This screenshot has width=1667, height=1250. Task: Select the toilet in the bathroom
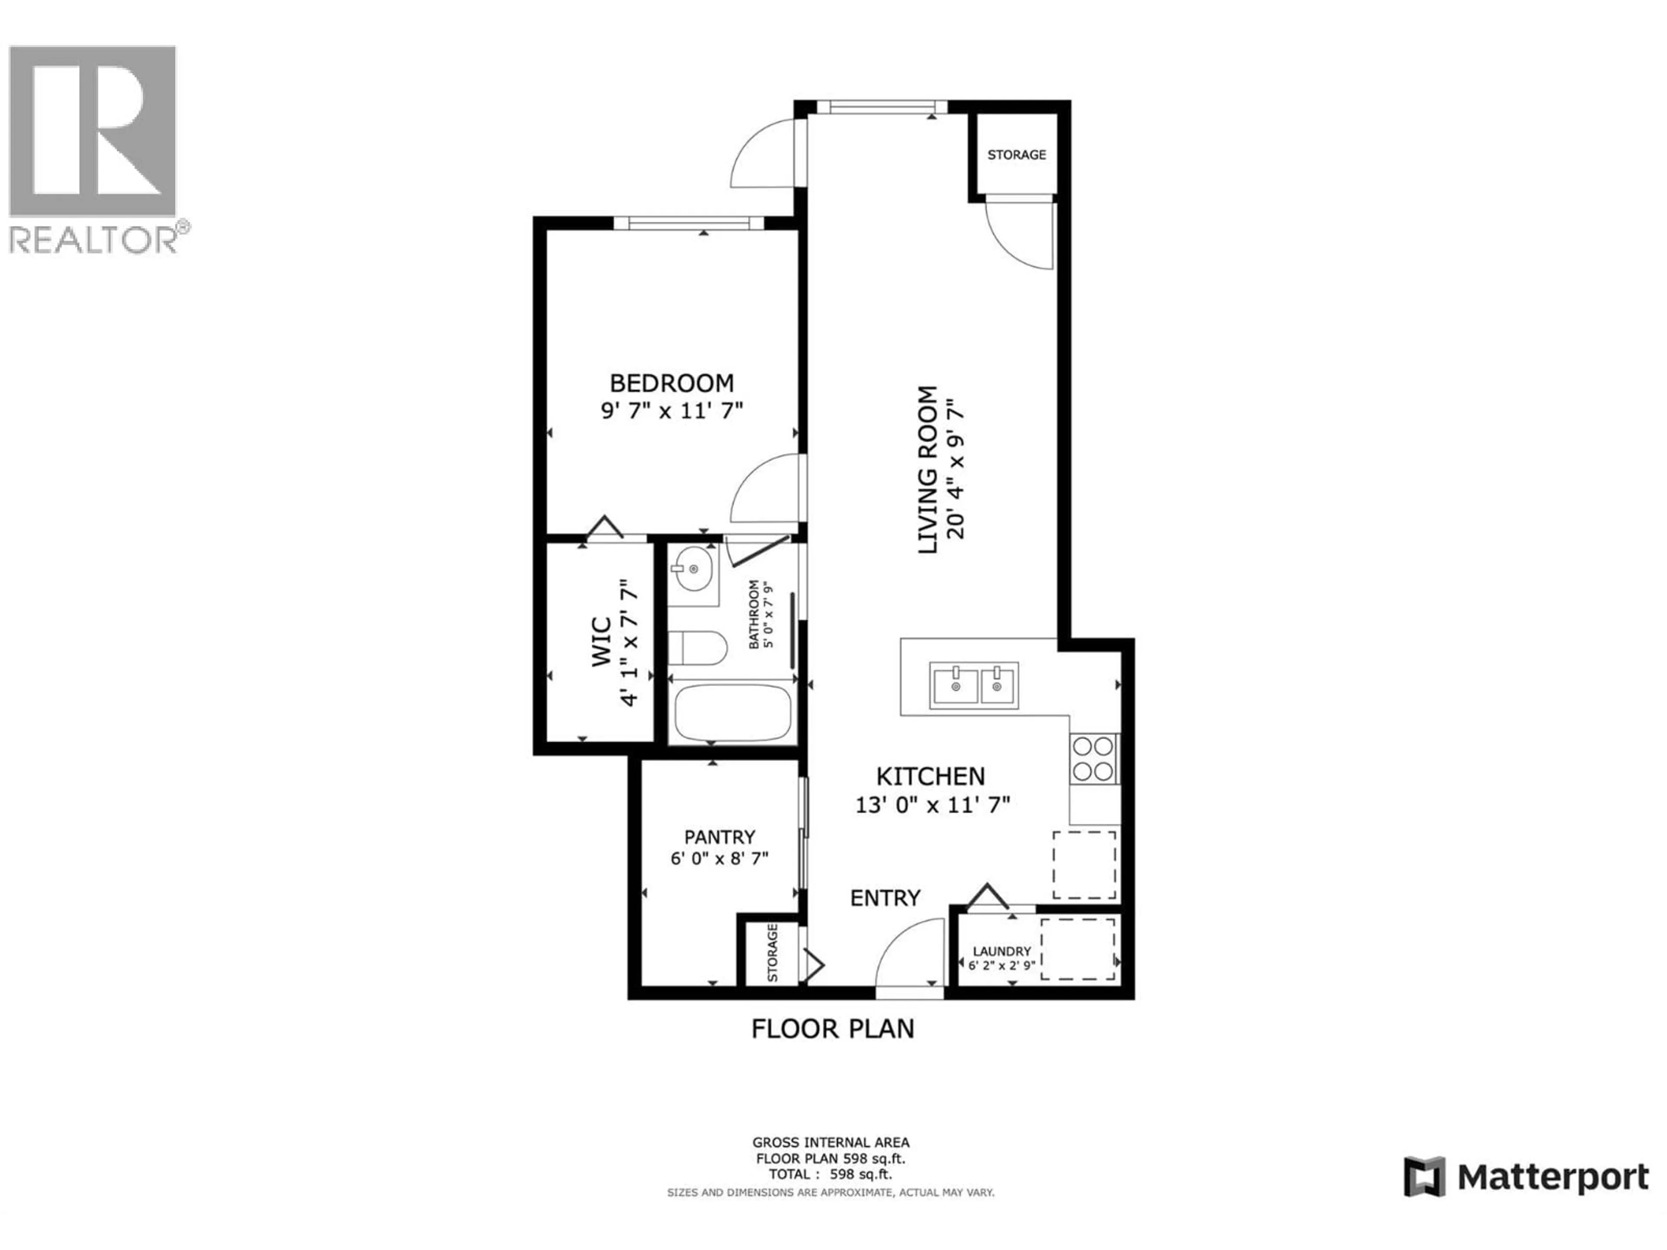coord(697,647)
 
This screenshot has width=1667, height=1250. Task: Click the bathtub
coord(732,713)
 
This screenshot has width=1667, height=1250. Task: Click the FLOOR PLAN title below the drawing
coord(832,1029)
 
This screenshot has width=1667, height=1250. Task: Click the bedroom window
coord(689,222)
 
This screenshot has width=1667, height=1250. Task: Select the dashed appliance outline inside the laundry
coord(1077,949)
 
